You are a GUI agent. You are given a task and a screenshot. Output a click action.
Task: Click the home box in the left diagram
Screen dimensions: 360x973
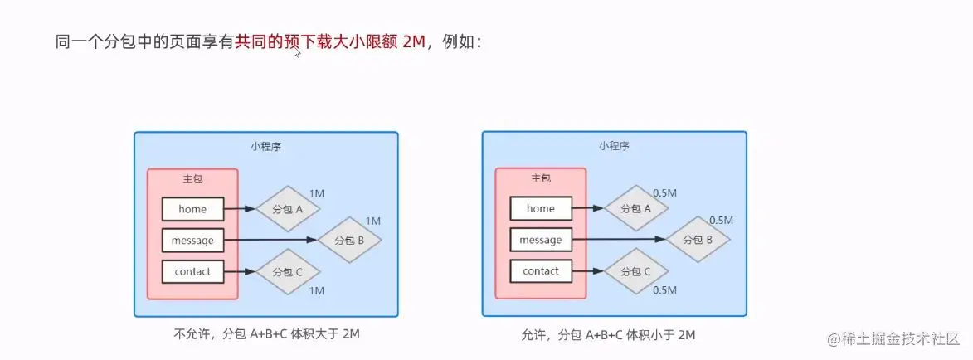pos(192,209)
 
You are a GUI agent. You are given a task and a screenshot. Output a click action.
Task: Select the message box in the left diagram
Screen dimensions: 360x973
pos(192,241)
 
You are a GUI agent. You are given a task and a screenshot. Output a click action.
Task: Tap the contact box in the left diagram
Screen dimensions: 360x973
pos(192,271)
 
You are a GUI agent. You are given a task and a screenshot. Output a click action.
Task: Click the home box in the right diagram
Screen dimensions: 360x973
pos(540,209)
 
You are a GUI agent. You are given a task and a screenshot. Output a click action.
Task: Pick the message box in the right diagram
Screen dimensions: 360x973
pos(540,241)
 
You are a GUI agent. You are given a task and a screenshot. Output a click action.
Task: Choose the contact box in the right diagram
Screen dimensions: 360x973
pos(540,271)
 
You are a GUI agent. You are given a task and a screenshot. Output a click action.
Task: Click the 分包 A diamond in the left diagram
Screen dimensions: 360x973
pos(287,209)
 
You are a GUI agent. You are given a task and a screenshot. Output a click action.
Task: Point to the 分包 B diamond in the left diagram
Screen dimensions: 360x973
pos(349,240)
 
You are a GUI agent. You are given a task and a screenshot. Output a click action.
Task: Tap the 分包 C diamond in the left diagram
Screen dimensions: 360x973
pos(287,271)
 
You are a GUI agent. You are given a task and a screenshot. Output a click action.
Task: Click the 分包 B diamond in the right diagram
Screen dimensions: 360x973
pos(698,240)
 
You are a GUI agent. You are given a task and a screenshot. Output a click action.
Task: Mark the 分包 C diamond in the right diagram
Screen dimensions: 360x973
pos(635,271)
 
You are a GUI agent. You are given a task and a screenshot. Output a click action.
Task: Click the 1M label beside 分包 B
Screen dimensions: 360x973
pos(372,221)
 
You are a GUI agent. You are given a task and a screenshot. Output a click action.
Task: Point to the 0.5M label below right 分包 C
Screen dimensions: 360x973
pos(664,290)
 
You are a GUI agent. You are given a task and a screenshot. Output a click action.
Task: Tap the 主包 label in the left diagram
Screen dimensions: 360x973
pos(192,179)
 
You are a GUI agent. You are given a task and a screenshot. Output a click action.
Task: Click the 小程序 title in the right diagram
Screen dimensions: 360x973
pos(614,146)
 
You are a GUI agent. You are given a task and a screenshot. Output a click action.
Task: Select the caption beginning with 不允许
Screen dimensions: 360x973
pos(267,333)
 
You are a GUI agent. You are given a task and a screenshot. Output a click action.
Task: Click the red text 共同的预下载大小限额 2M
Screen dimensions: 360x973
pos(330,41)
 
